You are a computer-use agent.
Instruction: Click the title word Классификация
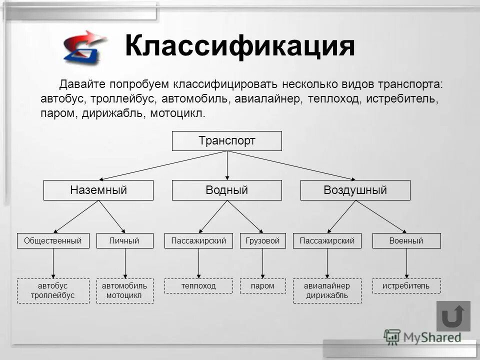pos(240,46)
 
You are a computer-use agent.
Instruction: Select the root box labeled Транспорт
pos(227,141)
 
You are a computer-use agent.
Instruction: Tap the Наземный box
pos(98,190)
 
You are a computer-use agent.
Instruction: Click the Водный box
pos(227,190)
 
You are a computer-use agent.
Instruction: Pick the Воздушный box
pos(355,190)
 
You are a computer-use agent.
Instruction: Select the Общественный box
pos(53,241)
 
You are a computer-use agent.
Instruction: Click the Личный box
pos(124,241)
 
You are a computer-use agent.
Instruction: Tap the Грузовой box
pos(263,241)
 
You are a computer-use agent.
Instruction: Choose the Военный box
pos(406,241)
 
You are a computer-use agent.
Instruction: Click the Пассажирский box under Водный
pos(198,241)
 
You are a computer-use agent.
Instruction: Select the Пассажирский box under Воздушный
pos(327,241)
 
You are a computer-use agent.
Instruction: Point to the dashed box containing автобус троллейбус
pos(53,290)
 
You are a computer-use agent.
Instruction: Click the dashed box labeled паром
pos(263,286)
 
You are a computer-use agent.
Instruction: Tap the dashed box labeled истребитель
pos(406,286)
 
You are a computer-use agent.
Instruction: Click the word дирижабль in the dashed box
pos(327,295)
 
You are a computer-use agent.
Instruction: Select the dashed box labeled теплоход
pos(198,286)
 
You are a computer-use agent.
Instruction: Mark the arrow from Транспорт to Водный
pos(227,165)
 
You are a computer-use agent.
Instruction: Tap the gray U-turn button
pos(453,316)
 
